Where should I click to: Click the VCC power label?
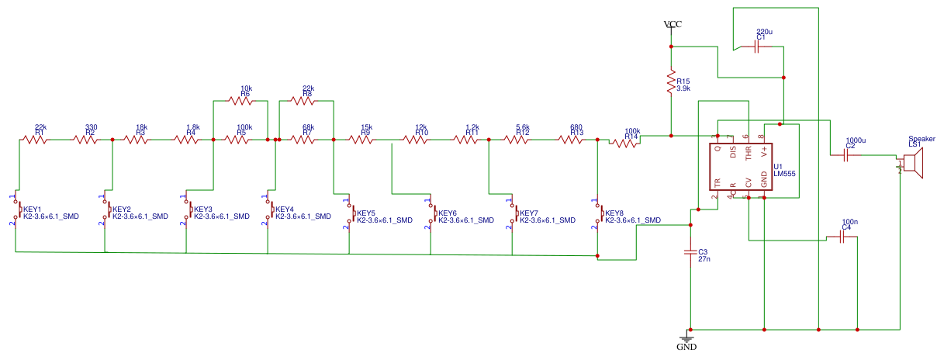[x=673, y=25]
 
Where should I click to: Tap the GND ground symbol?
[x=686, y=340]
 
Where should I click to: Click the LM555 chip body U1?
[x=741, y=168]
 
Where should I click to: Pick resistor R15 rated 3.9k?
[x=672, y=84]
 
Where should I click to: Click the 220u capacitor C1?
[x=761, y=47]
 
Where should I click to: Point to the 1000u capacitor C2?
[x=849, y=155]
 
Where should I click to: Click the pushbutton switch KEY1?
[x=18, y=210]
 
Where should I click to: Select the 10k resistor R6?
[x=241, y=100]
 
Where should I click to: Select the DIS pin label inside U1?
[x=733, y=153]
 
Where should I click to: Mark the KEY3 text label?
[x=203, y=209]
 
